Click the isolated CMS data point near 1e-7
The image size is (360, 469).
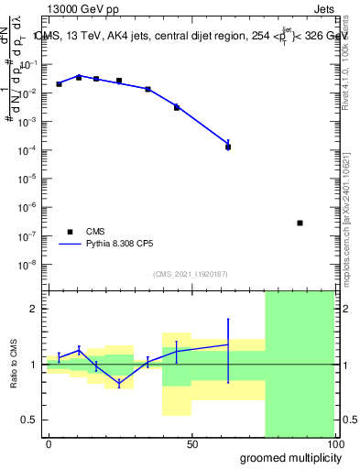(300, 223)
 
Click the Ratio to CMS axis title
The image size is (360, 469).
(15, 364)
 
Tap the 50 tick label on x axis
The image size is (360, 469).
(191, 443)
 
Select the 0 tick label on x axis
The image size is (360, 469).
(49, 443)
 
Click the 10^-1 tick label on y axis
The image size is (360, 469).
(33, 64)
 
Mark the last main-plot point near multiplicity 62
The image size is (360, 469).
(228, 146)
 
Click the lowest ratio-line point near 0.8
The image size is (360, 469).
(119, 384)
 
